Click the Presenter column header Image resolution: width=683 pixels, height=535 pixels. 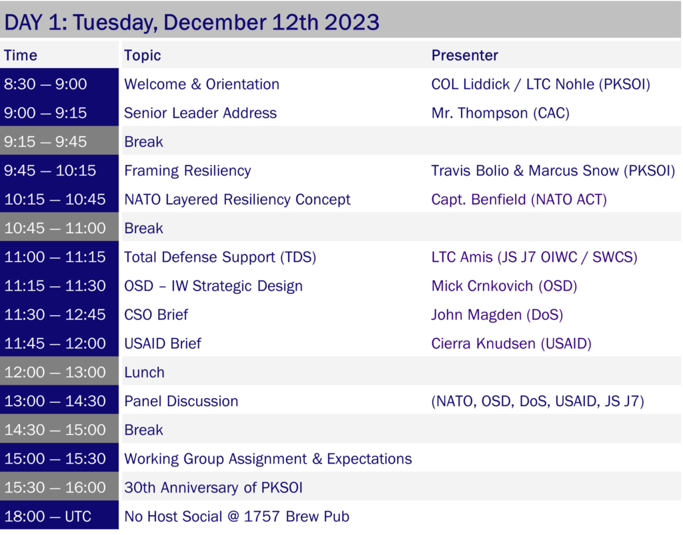[464, 55]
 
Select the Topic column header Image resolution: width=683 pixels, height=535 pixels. [143, 56]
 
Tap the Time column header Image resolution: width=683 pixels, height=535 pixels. [21, 55]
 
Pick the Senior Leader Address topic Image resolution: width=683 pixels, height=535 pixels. [200, 113]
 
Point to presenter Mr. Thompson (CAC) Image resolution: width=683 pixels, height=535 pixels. [500, 113]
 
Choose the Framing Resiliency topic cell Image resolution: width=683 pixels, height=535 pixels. [187, 171]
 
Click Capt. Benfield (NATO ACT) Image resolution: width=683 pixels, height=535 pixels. [519, 200]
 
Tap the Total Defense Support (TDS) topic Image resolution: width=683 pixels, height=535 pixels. [220, 257]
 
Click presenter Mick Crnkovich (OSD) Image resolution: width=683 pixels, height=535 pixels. [504, 286]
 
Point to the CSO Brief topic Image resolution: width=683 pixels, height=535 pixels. [156, 315]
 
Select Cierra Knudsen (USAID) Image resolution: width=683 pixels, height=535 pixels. [512, 343]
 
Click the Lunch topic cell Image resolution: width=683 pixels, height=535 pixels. [144, 373]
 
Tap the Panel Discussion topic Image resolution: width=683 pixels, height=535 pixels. [181, 401]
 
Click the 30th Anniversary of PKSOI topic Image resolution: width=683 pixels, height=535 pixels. [213, 488]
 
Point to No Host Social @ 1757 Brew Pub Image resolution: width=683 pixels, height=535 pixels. [237, 516]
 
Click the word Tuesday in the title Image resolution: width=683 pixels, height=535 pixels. [115, 23]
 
